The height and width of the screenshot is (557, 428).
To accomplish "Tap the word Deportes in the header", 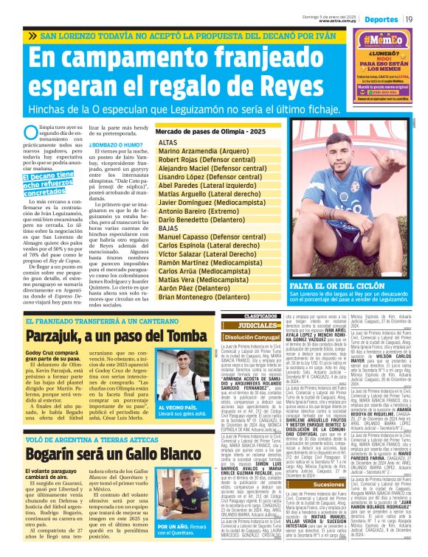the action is click(382, 18).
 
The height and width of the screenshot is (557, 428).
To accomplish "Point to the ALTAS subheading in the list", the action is click(168, 141).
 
